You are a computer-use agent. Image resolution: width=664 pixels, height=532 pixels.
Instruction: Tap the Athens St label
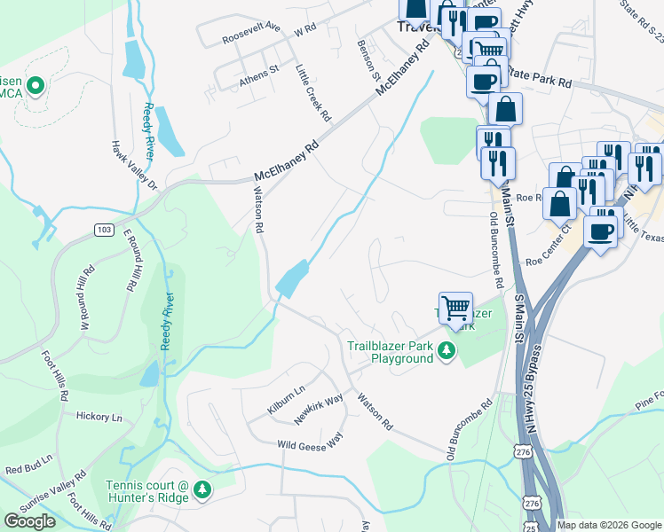tap(259, 74)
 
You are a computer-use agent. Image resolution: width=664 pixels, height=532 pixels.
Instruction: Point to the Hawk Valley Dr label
tap(133, 166)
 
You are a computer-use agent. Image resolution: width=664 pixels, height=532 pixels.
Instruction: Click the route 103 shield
tap(105, 230)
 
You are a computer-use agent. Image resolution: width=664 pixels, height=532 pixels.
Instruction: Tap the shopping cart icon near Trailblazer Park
tap(455, 309)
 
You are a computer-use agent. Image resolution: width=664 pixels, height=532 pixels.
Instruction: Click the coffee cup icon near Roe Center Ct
tap(601, 231)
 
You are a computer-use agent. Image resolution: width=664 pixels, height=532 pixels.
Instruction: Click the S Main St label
tap(514, 318)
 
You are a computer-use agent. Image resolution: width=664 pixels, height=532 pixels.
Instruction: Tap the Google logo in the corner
tap(30, 521)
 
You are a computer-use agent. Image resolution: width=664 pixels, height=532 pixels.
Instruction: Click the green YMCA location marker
tap(36, 86)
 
